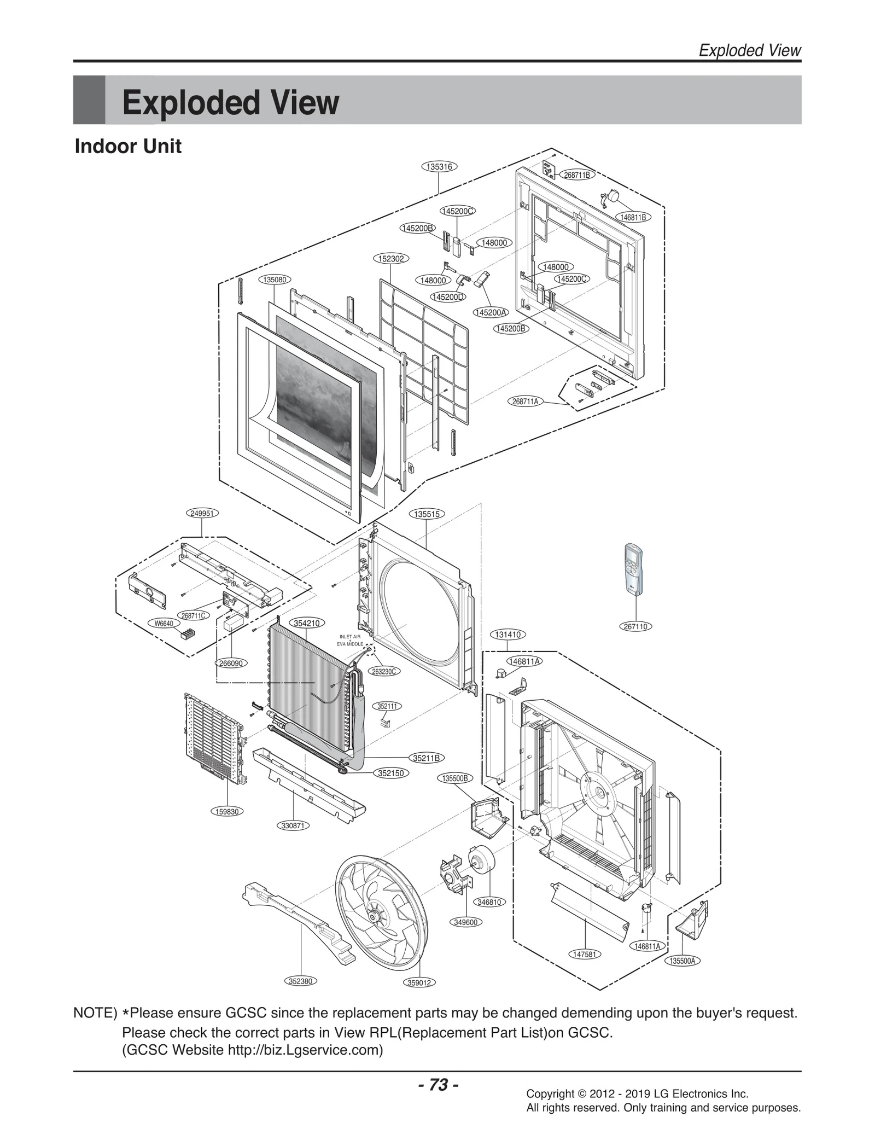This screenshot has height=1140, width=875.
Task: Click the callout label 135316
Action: click(439, 167)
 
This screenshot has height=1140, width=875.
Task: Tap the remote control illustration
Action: click(635, 569)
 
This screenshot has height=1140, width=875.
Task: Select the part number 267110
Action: click(635, 626)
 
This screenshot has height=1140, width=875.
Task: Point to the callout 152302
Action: click(391, 258)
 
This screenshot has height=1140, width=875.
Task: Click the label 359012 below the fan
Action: click(419, 982)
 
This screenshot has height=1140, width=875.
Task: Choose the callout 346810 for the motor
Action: click(489, 902)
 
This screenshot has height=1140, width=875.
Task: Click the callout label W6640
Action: click(164, 624)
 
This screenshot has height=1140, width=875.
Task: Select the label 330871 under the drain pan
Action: click(293, 825)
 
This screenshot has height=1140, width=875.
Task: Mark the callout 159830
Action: click(227, 811)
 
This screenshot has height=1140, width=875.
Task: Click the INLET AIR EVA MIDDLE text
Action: click(350, 641)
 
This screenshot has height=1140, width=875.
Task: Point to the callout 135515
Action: click(427, 514)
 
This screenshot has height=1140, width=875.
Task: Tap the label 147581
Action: click(585, 954)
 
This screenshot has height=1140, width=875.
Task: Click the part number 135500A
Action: click(683, 961)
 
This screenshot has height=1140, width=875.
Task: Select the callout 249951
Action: click(202, 513)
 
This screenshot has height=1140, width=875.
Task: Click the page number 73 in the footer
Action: click(438, 1085)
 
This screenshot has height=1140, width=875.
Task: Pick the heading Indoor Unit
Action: click(128, 147)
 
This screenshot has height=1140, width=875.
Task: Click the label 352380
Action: click(300, 981)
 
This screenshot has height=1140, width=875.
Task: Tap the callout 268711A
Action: click(525, 402)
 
